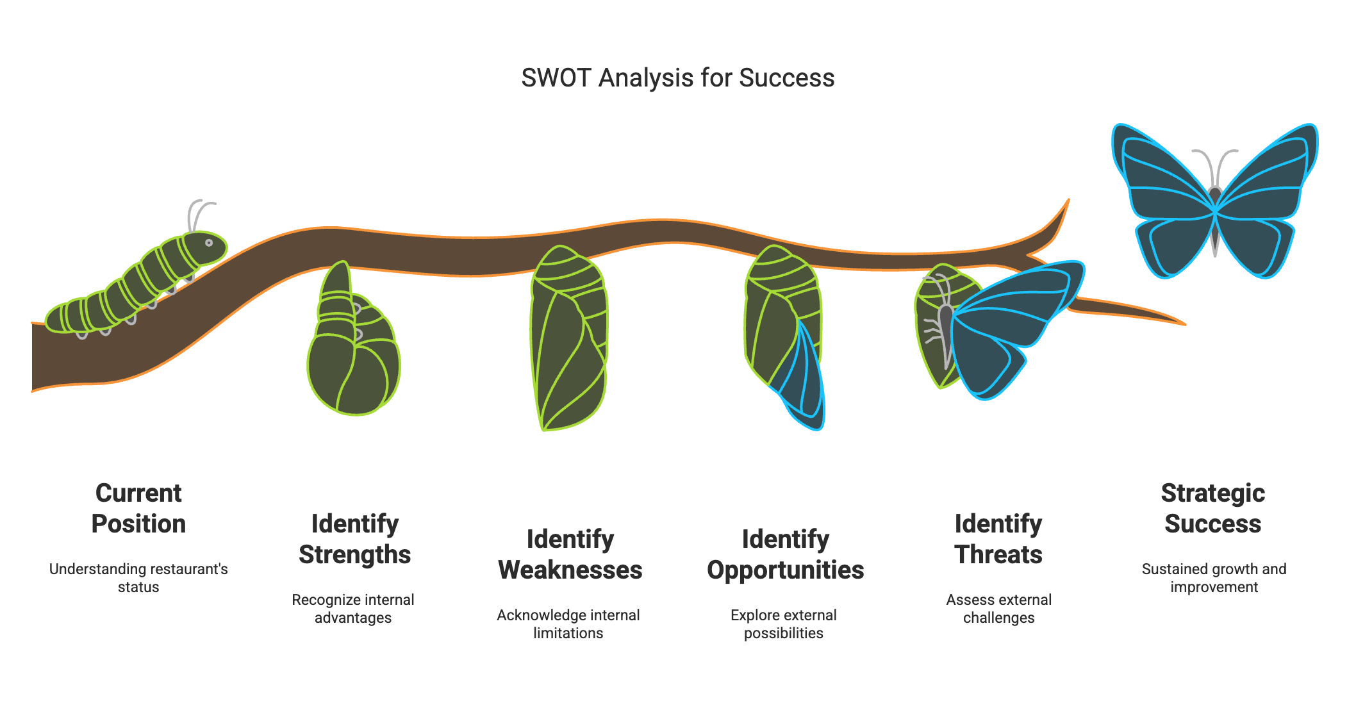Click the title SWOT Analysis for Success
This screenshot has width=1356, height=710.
click(677, 78)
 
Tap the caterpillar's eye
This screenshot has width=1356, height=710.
click(209, 243)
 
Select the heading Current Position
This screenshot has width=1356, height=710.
click(138, 508)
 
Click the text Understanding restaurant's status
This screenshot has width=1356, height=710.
click(138, 577)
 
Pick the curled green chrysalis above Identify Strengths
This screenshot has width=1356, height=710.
click(352, 359)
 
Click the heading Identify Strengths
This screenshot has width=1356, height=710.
click(355, 539)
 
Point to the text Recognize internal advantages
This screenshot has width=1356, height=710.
click(353, 608)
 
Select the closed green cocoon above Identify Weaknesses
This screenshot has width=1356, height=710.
click(568, 340)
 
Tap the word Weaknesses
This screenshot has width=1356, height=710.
click(570, 570)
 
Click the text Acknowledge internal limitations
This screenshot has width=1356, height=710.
click(568, 623)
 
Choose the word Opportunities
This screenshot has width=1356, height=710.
click(785, 570)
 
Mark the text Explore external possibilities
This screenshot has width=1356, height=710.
click(784, 623)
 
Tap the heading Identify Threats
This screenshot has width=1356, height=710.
click(998, 539)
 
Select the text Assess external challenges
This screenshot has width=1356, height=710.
click(999, 608)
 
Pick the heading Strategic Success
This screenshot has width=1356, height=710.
click(1213, 508)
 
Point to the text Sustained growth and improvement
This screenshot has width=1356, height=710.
click(1214, 577)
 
